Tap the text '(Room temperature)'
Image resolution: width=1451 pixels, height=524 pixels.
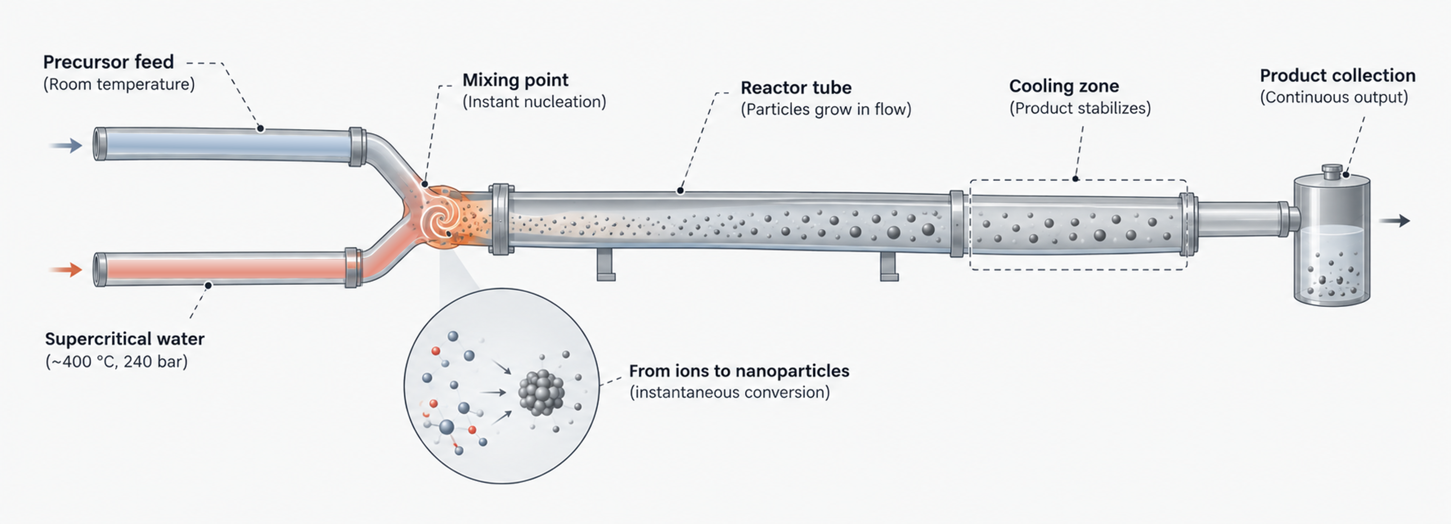[119, 84]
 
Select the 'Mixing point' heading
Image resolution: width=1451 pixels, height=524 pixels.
[515, 80]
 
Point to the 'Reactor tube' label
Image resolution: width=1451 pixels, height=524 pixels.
[795, 87]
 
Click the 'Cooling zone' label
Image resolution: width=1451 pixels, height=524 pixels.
[1063, 86]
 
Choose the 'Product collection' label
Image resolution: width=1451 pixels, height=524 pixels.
[1337, 75]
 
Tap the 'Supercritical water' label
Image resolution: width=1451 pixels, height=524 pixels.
[124, 339]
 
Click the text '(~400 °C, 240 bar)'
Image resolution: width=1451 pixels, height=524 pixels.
[116, 361]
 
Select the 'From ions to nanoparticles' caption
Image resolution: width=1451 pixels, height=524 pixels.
[739, 371]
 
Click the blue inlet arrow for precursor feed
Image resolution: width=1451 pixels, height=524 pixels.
[66, 146]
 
